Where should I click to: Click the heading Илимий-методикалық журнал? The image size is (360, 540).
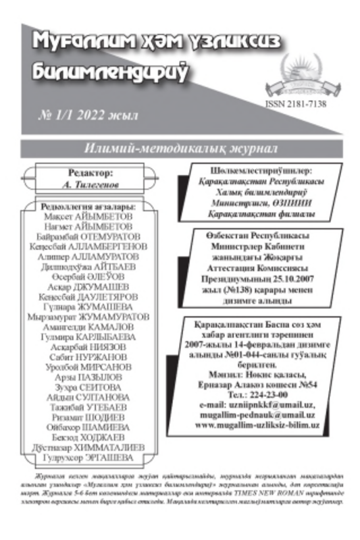click(x=180, y=148)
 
